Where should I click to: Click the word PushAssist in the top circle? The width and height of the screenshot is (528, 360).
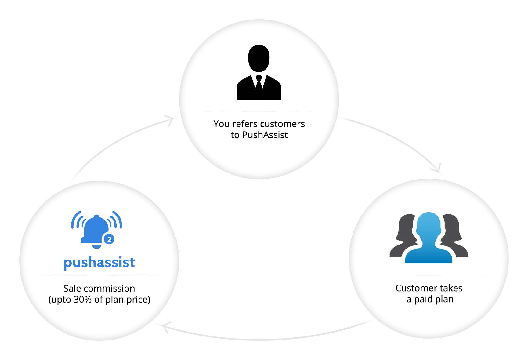point(265,135)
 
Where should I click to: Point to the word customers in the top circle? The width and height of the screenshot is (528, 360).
point(283,124)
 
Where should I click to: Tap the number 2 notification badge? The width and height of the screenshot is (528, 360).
point(109,239)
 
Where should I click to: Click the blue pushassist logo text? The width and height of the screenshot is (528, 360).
point(99,262)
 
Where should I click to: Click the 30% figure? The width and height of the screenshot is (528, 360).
point(82,300)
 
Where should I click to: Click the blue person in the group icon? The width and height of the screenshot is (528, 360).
point(429,238)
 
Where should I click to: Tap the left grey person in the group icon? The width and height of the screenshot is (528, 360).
point(403,237)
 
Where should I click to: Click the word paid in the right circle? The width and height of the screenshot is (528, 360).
point(423,300)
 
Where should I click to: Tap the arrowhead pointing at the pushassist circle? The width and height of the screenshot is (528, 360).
point(166,327)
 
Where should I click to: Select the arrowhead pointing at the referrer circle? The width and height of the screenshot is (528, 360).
point(169,120)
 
